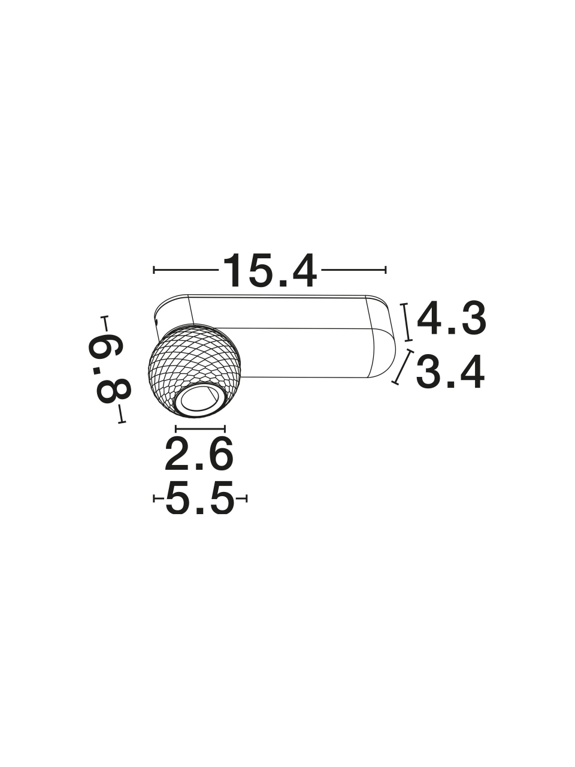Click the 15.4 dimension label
(x=270, y=270)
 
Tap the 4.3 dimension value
(x=451, y=318)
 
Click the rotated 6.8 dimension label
(x=109, y=369)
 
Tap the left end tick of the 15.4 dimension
(x=154, y=270)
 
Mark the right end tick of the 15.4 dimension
(x=385, y=270)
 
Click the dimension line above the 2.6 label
(x=200, y=428)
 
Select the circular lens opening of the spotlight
(x=198, y=401)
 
